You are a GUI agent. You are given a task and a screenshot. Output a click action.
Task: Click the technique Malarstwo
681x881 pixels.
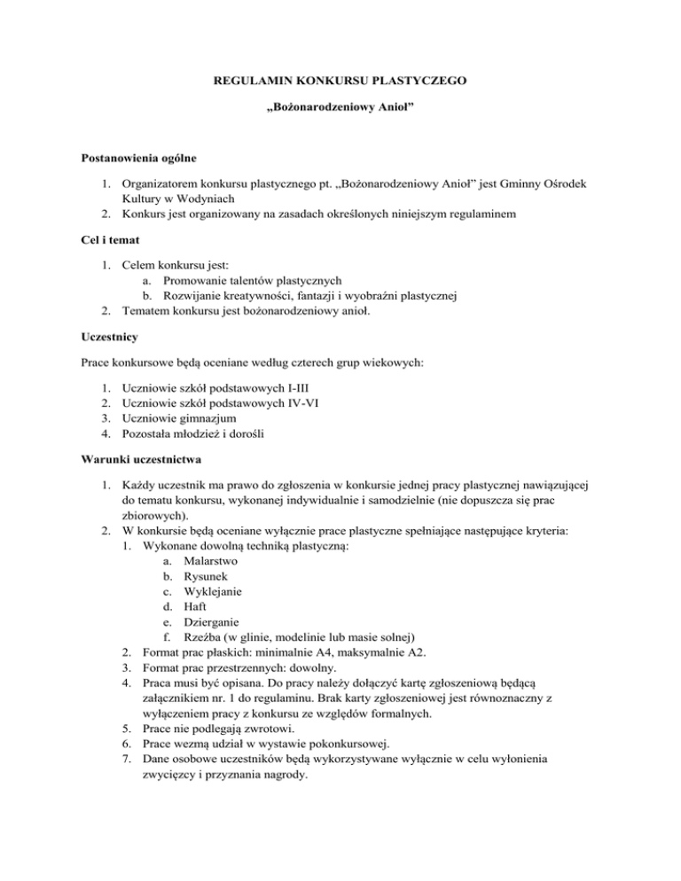click(x=211, y=562)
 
